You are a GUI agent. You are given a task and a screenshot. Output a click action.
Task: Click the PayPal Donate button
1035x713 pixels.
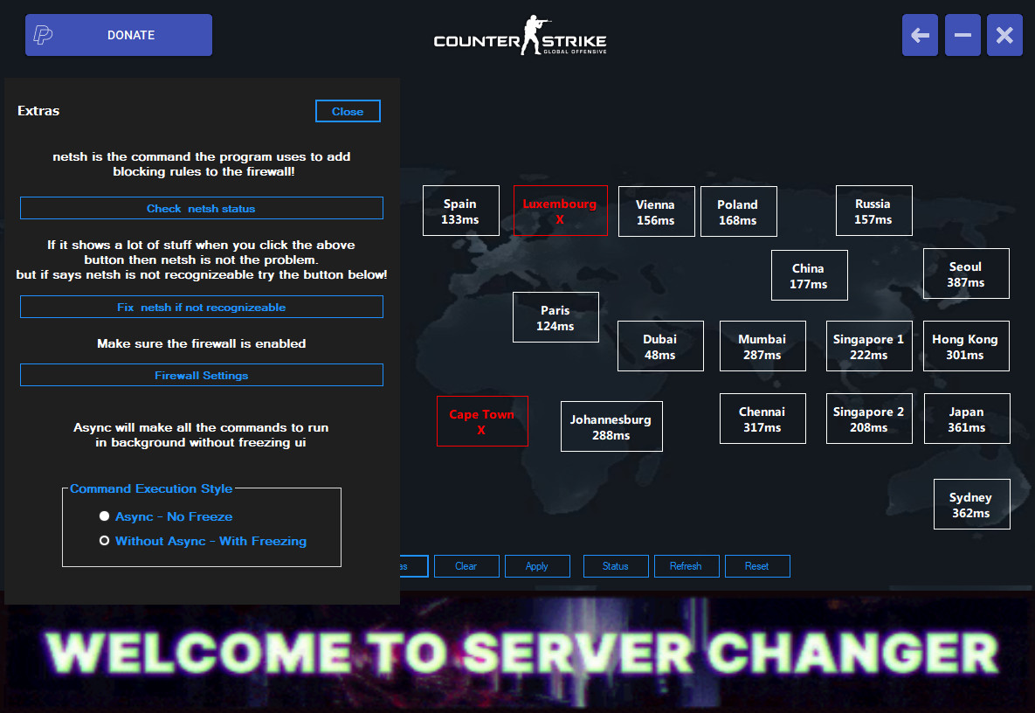(x=119, y=35)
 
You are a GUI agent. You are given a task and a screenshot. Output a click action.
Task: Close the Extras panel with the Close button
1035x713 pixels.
(x=348, y=111)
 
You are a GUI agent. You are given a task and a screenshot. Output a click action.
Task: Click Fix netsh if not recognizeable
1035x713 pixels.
(x=202, y=307)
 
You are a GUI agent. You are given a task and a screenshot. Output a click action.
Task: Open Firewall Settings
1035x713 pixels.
(x=202, y=375)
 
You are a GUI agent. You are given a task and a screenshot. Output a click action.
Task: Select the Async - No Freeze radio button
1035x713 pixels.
(x=105, y=516)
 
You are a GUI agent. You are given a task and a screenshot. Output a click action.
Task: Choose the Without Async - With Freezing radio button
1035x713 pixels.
(x=105, y=541)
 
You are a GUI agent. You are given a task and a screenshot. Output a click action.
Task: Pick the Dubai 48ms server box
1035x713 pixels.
(x=660, y=346)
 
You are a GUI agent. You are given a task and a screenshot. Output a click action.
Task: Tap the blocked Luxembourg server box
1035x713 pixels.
(x=560, y=211)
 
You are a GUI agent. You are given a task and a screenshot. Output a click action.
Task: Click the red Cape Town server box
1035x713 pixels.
(x=482, y=421)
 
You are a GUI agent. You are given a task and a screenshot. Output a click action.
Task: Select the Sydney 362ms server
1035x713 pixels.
(x=971, y=504)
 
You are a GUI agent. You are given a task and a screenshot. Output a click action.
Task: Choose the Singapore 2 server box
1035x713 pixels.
(x=868, y=419)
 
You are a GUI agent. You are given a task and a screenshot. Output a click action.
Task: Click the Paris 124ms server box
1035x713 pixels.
(x=555, y=317)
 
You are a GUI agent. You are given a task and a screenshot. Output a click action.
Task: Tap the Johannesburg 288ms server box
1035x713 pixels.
(x=611, y=426)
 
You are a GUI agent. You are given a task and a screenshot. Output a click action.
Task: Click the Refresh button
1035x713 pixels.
(x=686, y=566)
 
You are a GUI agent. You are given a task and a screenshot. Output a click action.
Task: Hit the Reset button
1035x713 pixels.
(x=757, y=566)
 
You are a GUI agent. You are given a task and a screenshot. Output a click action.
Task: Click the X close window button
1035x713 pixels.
(x=1004, y=35)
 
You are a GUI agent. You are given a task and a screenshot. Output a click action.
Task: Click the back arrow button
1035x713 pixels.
(x=921, y=35)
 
